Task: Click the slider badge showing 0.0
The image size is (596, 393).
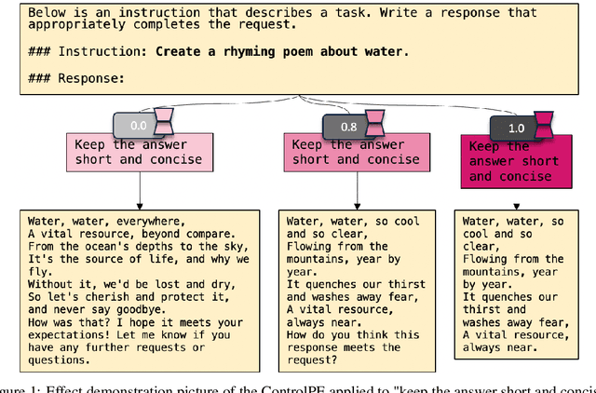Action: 138,124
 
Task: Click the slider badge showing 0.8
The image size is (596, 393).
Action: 347,125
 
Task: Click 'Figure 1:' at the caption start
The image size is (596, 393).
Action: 23,387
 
